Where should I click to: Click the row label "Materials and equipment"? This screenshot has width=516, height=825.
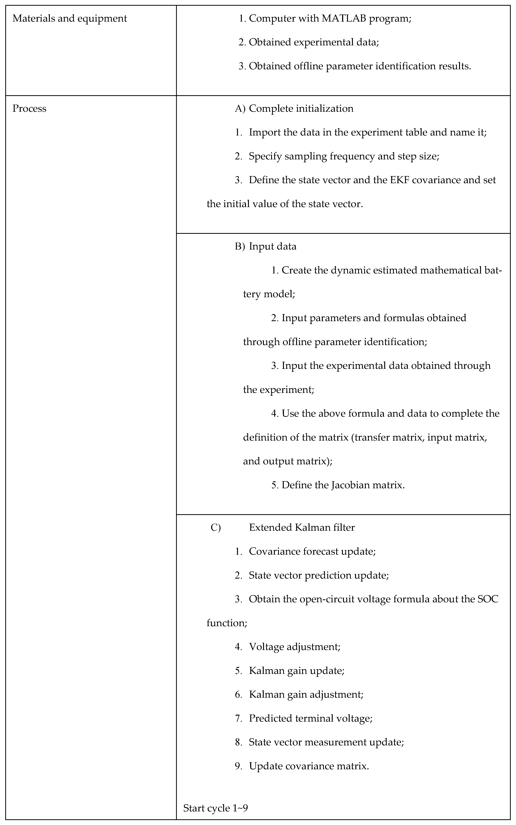tap(70, 18)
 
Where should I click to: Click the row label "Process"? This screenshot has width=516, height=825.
tap(29, 108)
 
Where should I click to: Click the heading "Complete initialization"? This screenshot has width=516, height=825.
tap(301, 108)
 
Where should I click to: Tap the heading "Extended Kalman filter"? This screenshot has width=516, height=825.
tap(302, 527)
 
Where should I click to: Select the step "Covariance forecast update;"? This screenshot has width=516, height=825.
tap(312, 551)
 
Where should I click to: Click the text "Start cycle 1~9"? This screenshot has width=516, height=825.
tap(215, 808)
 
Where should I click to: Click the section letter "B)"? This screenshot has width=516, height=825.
tap(240, 246)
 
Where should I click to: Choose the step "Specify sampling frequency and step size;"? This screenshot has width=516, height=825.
tap(344, 156)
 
